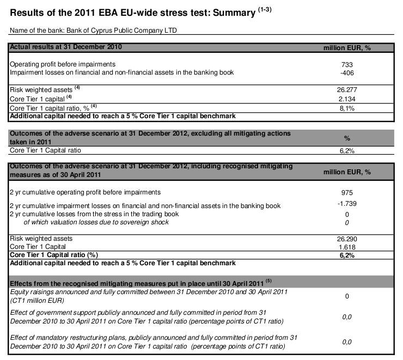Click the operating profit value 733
pyautogui.click(x=346, y=64)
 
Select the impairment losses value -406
pyautogui.click(x=346, y=72)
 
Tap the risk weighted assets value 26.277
pyautogui.click(x=346, y=90)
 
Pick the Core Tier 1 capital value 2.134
pyautogui.click(x=346, y=99)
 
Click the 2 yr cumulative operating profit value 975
pyautogui.click(x=346, y=192)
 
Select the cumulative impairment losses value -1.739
pyautogui.click(x=346, y=204)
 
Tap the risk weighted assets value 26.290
pyautogui.click(x=346, y=239)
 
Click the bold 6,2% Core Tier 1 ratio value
pyautogui.click(x=346, y=255)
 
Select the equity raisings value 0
pyautogui.click(x=346, y=296)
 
